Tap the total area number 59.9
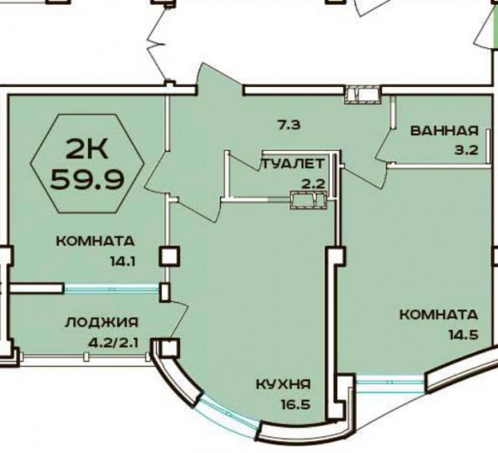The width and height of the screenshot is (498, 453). (x=86, y=179)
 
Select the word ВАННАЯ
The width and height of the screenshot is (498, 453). (x=444, y=131)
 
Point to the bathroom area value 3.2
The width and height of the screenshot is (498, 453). (x=466, y=149)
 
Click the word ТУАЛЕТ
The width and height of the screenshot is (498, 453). (x=294, y=164)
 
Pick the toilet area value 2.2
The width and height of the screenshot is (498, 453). (x=314, y=184)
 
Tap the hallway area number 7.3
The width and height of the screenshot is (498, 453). (x=289, y=125)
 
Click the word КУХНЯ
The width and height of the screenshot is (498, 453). (x=283, y=385)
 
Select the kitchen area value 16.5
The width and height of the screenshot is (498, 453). (x=295, y=405)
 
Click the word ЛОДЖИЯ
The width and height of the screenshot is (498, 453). (x=102, y=323)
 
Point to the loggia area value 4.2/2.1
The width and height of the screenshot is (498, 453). (x=114, y=343)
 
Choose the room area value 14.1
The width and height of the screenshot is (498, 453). (x=123, y=262)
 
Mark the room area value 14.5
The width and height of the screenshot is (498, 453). (x=463, y=335)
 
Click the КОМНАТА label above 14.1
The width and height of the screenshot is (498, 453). (x=95, y=241)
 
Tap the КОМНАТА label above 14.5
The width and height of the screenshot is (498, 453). (x=438, y=315)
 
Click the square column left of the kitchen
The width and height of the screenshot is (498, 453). (x=169, y=257)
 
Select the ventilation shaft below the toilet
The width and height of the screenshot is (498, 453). (x=309, y=200)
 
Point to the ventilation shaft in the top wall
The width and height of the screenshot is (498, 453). (x=363, y=95)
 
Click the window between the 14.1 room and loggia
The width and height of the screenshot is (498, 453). (x=111, y=289)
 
